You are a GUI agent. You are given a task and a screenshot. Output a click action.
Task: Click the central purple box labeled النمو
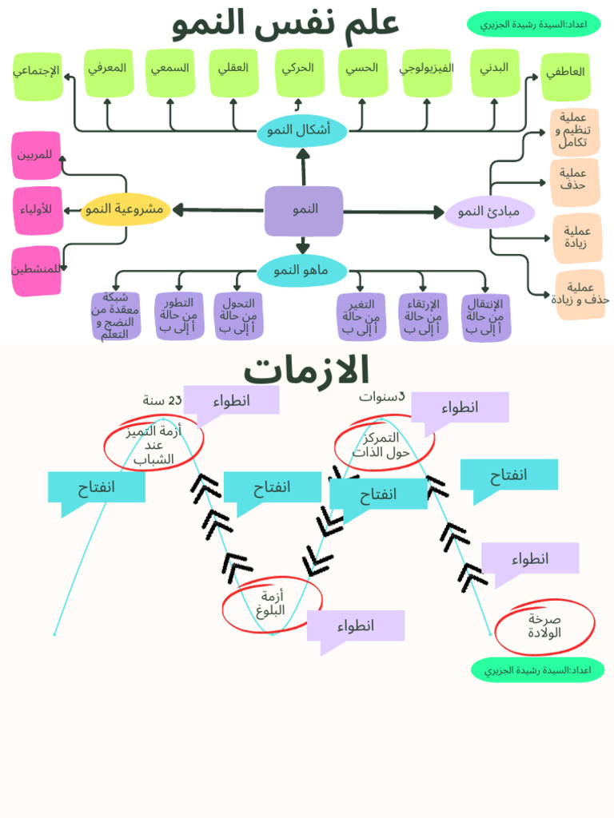coord(304,210)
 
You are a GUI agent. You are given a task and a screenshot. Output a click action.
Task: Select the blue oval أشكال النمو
coord(302,130)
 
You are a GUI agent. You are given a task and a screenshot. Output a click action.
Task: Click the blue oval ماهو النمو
coord(301,271)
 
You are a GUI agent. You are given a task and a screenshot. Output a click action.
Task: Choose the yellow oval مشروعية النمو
coord(126,209)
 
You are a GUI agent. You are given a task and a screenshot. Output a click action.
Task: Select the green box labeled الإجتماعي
coord(37,74)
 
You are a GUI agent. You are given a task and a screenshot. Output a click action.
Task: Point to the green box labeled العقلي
coord(233,71)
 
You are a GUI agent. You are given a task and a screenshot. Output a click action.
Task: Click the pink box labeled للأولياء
coord(37,210)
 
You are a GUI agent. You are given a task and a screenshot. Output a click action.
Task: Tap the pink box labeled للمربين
coord(37,154)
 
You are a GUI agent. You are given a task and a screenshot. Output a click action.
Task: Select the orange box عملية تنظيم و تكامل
coord(574,131)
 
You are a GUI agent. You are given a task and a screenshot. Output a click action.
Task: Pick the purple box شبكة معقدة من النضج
coord(116,316)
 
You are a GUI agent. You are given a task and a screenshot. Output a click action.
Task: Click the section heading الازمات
coord(306,371)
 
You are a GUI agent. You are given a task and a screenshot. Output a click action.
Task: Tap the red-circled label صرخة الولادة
coord(544,625)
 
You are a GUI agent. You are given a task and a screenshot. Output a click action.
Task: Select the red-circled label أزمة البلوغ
coord(272,603)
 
